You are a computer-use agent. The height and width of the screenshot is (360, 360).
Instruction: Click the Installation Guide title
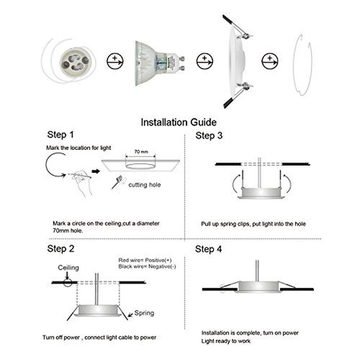coord(181,122)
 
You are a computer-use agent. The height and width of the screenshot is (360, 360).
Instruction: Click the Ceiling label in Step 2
coord(69,267)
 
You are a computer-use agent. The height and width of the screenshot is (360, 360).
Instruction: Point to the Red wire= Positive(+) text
coord(147,259)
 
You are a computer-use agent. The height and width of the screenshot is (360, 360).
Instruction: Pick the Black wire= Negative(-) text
coord(147,267)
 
